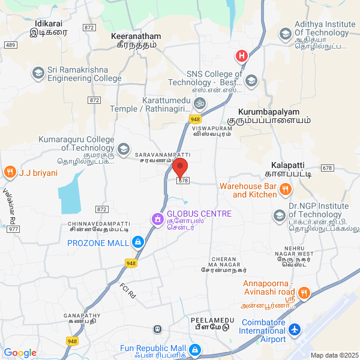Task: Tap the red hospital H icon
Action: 241,56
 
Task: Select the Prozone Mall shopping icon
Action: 138,242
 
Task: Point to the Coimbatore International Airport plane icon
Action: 294,329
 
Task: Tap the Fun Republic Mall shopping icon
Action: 194,349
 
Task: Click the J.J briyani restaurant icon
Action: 10,173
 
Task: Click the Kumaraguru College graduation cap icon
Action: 124,148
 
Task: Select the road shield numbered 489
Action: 10,45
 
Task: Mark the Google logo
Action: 20,353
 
